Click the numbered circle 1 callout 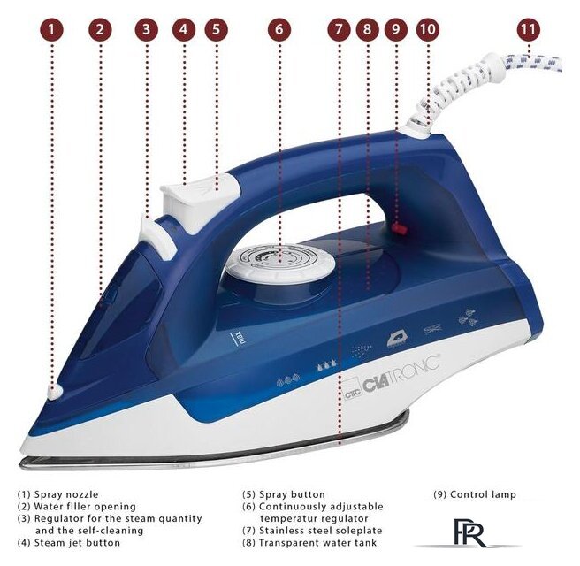(51, 29)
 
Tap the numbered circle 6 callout (279, 29)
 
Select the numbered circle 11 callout (528, 29)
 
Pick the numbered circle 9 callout (396, 29)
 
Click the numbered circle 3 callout (147, 29)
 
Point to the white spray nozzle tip (56, 392)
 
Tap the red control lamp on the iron (401, 229)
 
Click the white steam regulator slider (157, 237)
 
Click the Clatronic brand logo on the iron (392, 378)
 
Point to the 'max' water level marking (240, 338)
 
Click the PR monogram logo (469, 532)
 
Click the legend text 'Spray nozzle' (66, 494)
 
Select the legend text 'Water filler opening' (85, 507)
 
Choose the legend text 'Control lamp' (483, 494)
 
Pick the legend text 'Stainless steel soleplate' (320, 531)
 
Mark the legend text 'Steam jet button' (77, 543)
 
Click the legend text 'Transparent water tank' (317, 543)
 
